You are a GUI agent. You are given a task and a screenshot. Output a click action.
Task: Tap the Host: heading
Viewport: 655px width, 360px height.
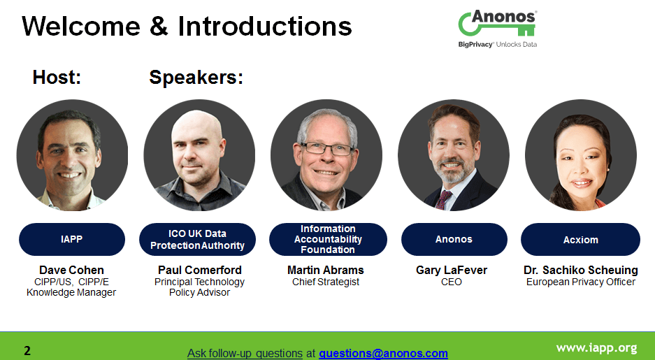(57, 78)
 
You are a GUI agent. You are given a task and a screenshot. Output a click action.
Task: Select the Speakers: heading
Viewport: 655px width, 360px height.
(196, 78)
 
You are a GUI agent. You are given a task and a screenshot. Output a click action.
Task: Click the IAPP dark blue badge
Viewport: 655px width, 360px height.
(72, 239)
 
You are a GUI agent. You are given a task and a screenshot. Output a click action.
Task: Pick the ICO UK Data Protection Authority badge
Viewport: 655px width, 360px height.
(197, 239)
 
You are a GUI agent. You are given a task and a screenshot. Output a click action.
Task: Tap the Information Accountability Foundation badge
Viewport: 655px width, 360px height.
(328, 239)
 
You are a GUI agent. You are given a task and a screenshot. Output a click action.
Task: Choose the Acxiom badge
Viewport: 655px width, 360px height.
(580, 239)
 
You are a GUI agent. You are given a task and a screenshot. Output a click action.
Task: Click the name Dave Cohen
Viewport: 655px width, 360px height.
(71, 271)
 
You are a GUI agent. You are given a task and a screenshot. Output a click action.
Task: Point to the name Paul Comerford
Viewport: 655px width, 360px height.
(200, 271)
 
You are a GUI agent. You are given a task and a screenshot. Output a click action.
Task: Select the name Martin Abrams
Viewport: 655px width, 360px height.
(326, 271)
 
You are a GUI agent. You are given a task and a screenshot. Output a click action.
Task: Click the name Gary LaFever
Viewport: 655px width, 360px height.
(452, 271)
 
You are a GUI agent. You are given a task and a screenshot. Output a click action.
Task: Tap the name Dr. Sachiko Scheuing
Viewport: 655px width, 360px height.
(581, 271)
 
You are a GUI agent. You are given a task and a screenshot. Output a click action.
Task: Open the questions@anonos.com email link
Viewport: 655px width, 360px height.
(383, 353)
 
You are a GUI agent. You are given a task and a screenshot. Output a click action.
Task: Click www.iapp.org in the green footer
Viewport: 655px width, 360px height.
(596, 348)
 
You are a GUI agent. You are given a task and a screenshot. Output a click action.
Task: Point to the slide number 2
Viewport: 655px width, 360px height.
(27, 350)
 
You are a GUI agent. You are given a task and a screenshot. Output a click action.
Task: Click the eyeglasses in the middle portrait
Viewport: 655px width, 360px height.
(327, 148)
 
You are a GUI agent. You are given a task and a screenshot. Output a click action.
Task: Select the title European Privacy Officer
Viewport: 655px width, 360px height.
(581, 282)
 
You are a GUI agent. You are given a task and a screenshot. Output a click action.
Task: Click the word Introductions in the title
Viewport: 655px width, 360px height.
(265, 26)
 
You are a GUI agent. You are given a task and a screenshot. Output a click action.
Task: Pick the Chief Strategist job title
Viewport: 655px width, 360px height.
(326, 282)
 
